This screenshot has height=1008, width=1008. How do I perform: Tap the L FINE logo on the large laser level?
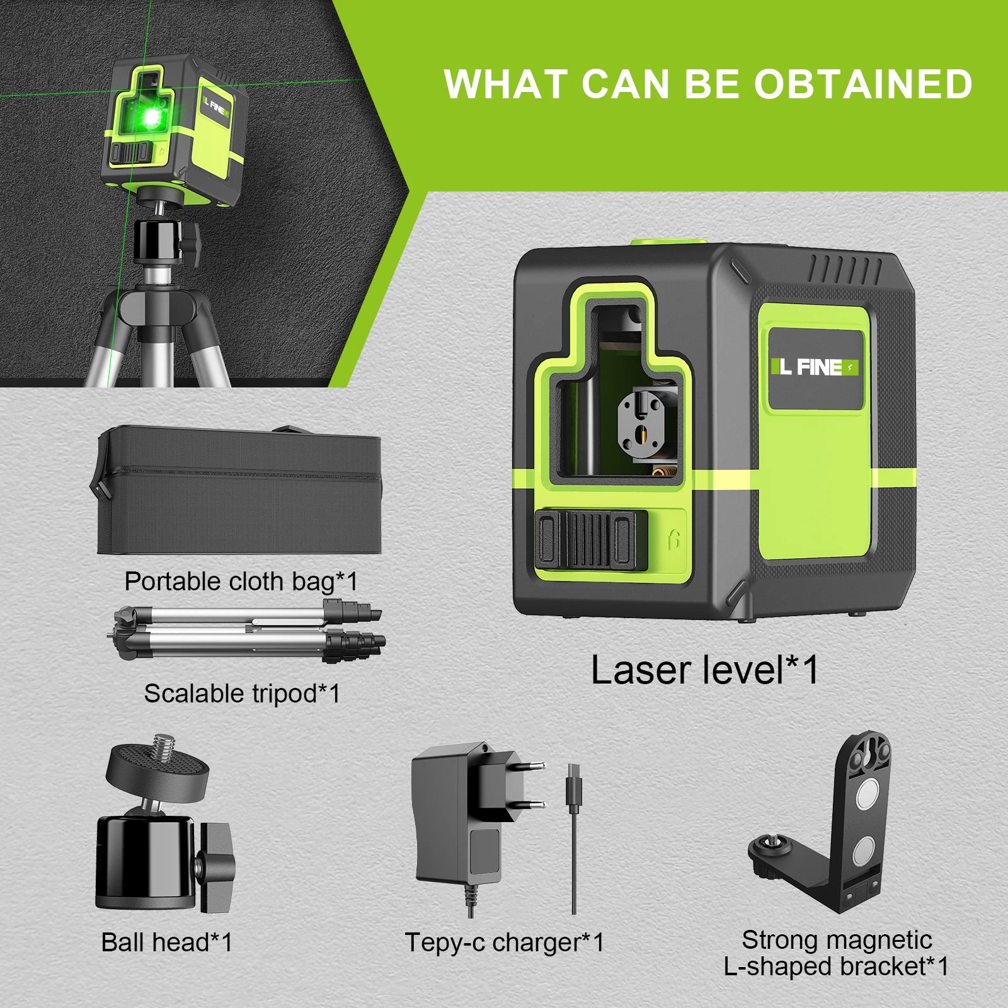point(815,367)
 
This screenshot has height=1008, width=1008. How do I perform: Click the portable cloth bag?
point(239,491)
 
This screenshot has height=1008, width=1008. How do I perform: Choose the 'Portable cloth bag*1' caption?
point(241,581)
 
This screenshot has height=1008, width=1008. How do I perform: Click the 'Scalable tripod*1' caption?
point(242,694)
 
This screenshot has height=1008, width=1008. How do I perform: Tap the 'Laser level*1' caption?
point(704,670)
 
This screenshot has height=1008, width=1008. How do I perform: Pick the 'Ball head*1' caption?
point(167,942)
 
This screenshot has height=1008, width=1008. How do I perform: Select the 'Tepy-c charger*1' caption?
point(504,943)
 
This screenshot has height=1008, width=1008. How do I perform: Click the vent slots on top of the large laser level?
point(844,270)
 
